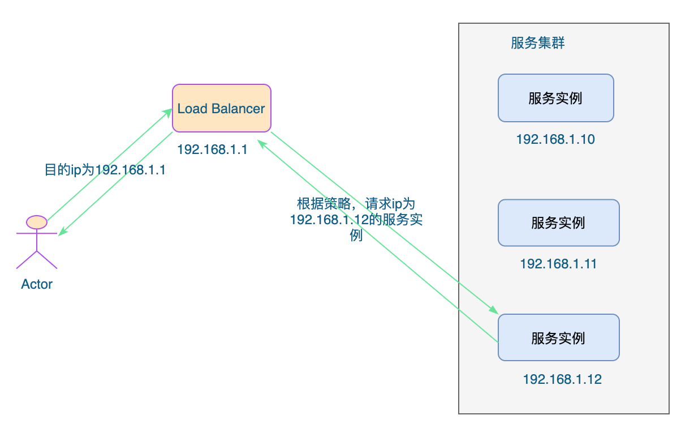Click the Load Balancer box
tap(221, 108)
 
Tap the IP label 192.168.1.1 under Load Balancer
tap(212, 149)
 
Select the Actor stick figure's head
tap(37, 221)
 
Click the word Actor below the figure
tap(37, 284)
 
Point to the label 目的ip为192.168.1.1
tap(105, 170)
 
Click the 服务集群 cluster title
tap(537, 43)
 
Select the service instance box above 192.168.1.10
tap(555, 98)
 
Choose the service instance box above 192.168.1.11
tap(558, 222)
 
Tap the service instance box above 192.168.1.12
tap(558, 338)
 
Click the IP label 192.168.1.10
tap(555, 139)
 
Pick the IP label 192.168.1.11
tap(558, 264)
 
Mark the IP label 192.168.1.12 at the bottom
tap(562, 379)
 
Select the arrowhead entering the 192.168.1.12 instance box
tap(493, 310)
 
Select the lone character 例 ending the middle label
tap(356, 236)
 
